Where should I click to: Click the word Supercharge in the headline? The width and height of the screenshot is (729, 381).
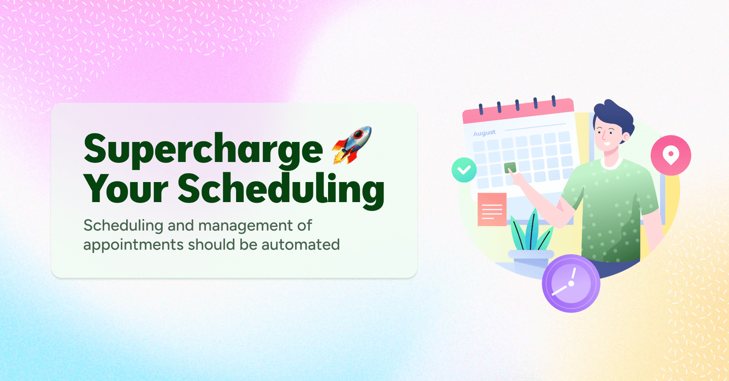(x=203, y=150)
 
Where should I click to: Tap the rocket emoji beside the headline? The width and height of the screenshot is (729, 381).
(x=352, y=145)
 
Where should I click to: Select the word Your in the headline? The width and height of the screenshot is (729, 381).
(x=126, y=188)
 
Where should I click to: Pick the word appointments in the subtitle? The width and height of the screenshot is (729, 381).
(x=133, y=245)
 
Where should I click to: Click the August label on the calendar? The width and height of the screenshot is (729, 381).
(x=484, y=133)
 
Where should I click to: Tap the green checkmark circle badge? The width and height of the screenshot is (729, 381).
(x=464, y=170)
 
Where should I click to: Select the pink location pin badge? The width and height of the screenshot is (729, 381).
(x=670, y=155)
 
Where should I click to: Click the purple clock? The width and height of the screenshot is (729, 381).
(x=570, y=283)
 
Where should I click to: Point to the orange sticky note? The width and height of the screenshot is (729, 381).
(x=492, y=209)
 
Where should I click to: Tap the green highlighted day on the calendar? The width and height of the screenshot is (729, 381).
(x=510, y=167)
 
